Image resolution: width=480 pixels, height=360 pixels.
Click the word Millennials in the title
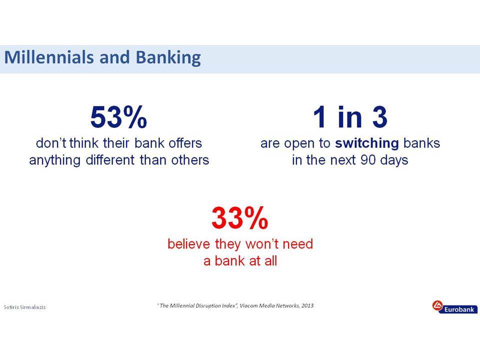coord(49,57)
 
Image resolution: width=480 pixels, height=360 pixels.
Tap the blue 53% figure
coord(118,116)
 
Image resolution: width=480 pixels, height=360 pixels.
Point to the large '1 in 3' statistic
coord(350,116)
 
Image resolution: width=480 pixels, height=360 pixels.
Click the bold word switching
coord(366,143)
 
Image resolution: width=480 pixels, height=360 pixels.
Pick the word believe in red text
coord(189,244)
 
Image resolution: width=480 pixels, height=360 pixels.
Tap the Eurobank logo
coord(454,306)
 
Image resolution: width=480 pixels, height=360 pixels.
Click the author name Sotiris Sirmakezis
coord(24,307)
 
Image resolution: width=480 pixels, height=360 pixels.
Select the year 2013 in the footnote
coord(307,305)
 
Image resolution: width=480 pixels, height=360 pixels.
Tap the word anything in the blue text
coord(55,160)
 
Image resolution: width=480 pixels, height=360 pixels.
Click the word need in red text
coord(298,244)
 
